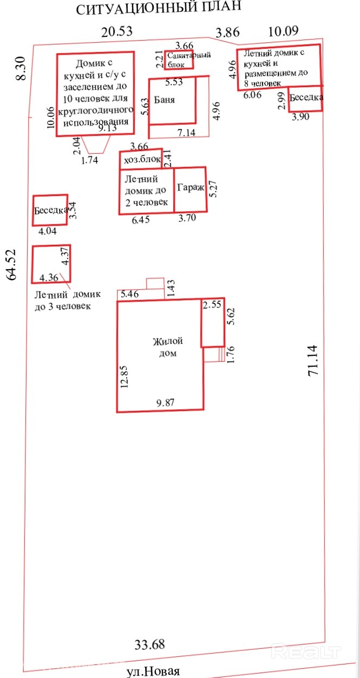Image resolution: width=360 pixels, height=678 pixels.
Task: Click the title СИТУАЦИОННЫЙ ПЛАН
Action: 159,8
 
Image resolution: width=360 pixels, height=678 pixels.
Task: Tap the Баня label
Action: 165,100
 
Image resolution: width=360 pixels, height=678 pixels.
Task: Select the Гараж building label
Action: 191,188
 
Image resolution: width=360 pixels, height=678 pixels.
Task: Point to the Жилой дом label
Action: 168,347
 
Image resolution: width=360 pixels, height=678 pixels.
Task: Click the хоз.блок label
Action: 142,159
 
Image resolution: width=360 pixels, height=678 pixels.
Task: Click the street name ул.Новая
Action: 153,671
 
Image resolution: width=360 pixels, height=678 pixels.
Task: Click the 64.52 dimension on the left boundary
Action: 11,265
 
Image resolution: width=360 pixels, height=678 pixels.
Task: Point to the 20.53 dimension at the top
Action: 117,31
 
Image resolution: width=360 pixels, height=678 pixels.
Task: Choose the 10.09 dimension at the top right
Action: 284,31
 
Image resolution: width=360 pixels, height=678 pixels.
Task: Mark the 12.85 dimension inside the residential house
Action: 125,377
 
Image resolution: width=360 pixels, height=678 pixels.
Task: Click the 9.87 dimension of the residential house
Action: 165,402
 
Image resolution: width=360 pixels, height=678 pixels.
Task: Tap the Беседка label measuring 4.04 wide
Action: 51,210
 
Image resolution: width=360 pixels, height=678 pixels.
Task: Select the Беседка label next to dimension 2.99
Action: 306,97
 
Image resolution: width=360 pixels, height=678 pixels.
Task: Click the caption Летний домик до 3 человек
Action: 68,300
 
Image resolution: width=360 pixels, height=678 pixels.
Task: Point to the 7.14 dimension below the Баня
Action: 186,132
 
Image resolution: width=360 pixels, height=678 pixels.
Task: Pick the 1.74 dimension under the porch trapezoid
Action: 89,160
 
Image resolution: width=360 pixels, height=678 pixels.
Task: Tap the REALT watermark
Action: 306,651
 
